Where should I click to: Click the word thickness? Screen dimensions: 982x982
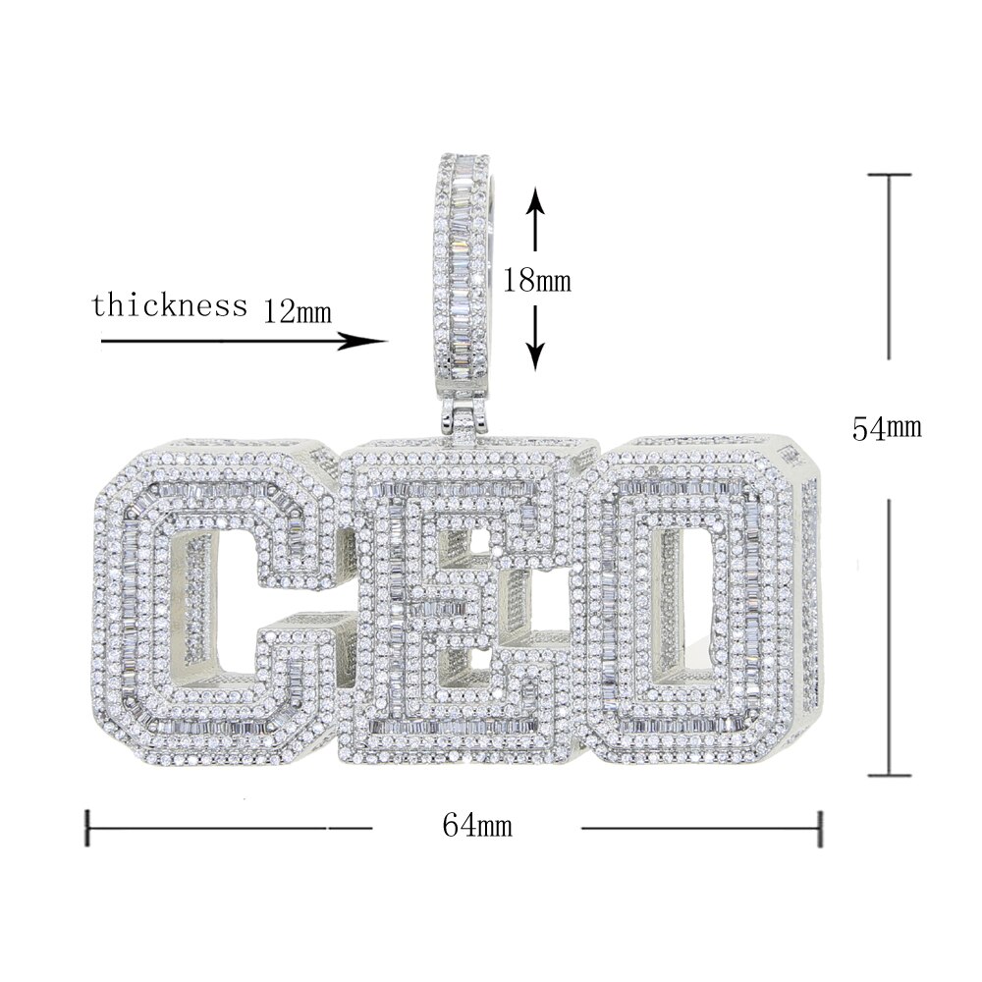tap(169, 304)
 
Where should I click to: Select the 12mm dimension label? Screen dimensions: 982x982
tap(298, 312)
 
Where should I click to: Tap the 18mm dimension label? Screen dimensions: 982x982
tap(536, 280)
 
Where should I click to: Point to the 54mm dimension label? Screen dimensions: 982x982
tap(887, 428)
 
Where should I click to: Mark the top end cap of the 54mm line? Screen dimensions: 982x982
tap(890, 175)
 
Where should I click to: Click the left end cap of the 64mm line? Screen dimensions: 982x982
tap(89, 827)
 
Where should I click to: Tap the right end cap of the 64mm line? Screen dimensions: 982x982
tap(820, 827)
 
